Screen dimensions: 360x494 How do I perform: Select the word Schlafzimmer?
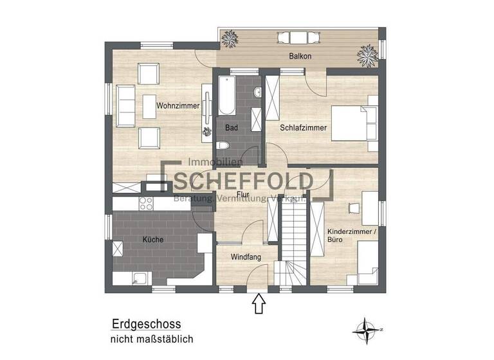tap(304, 128)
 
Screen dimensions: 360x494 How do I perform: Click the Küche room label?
tap(152, 240)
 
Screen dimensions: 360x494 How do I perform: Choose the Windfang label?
tap(246, 257)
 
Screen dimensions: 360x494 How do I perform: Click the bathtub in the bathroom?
tap(226, 96)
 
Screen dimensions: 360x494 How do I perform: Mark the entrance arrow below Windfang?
tap(259, 303)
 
